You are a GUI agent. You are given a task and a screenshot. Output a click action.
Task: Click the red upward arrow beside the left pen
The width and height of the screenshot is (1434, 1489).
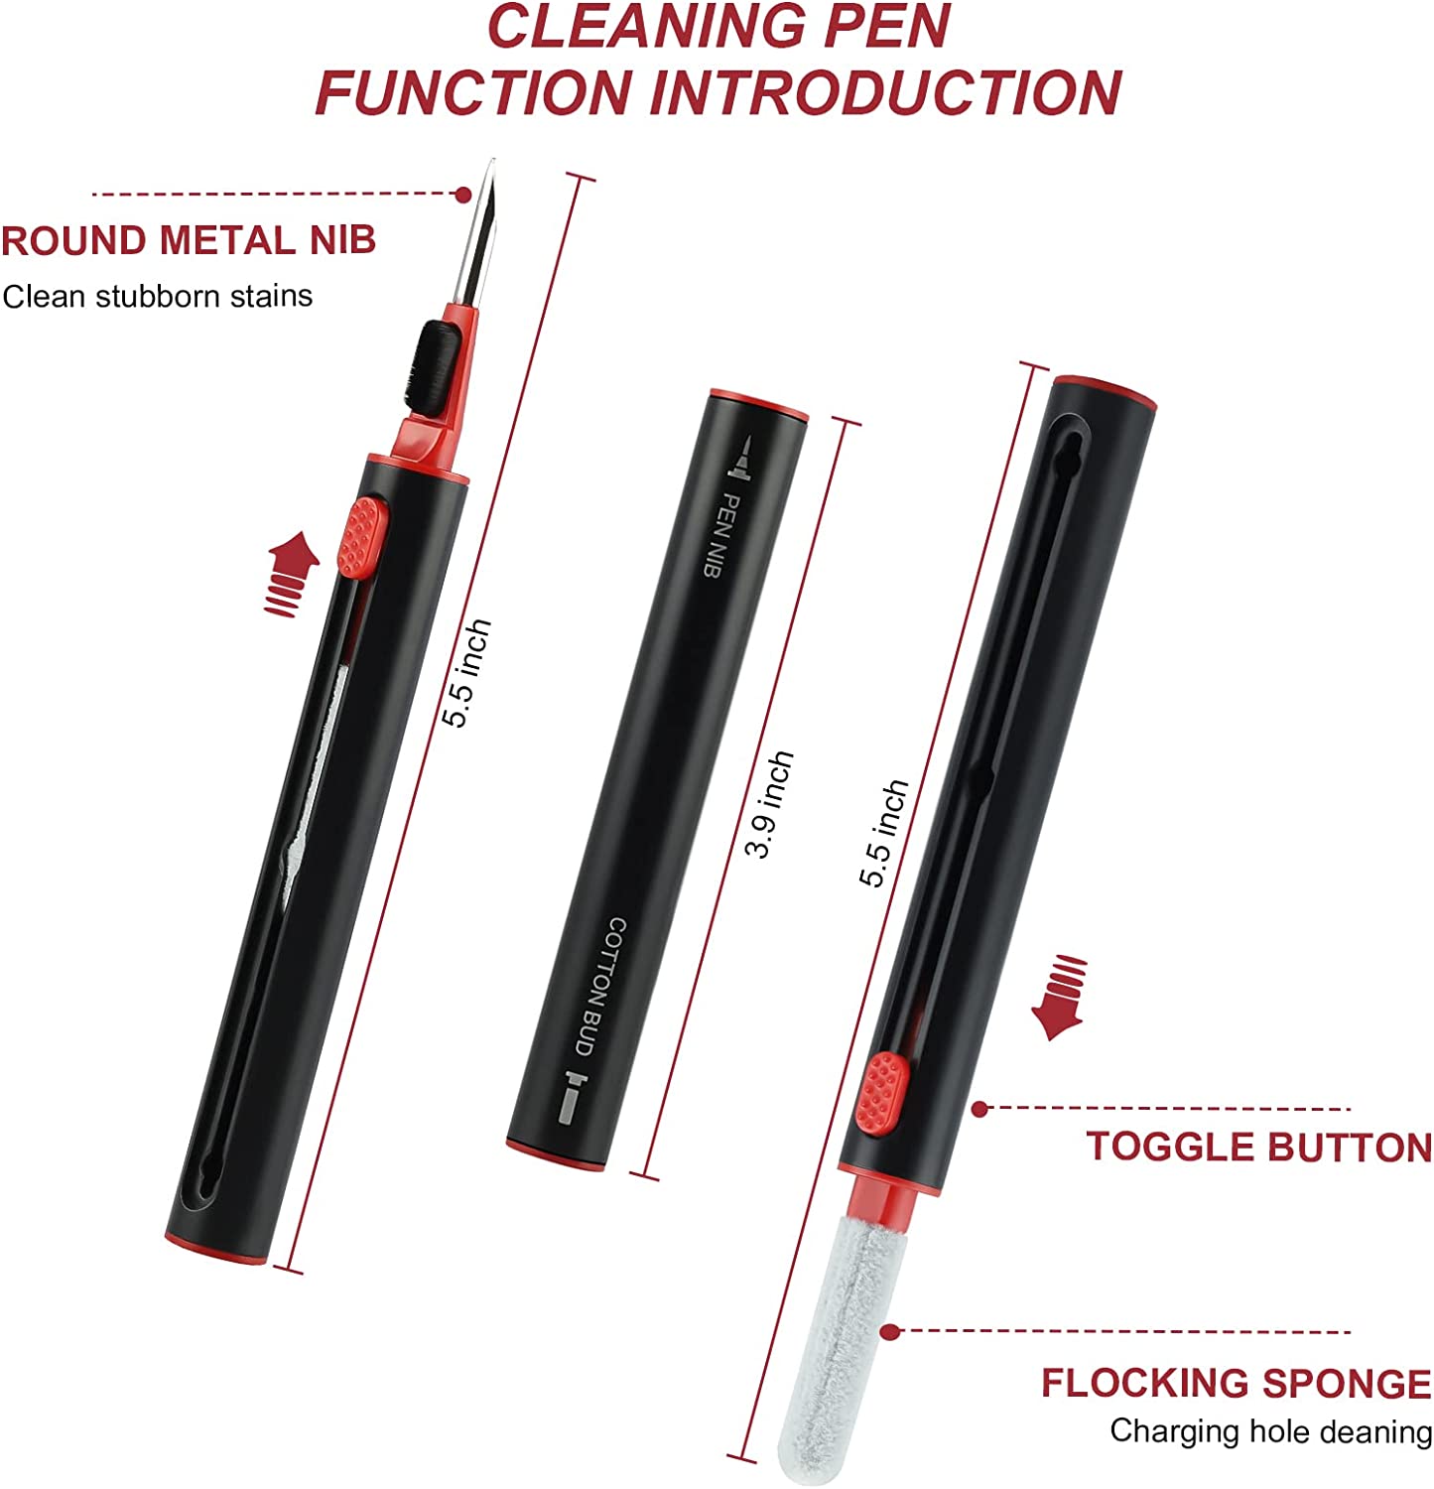click(x=292, y=574)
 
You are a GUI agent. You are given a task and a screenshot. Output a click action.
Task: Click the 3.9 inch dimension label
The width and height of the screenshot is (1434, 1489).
click(x=770, y=804)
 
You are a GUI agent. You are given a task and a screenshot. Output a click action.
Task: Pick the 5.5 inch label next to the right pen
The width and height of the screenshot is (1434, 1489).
click(x=884, y=832)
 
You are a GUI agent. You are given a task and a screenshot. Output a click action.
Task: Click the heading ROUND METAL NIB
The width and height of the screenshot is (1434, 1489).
click(x=189, y=241)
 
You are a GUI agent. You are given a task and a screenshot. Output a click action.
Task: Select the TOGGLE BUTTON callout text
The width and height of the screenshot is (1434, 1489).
click(x=1259, y=1147)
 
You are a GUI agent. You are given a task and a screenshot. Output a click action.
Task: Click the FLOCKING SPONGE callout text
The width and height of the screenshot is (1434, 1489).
click(x=1237, y=1383)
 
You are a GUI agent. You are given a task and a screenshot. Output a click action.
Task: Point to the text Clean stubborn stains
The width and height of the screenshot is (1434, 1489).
click(x=158, y=296)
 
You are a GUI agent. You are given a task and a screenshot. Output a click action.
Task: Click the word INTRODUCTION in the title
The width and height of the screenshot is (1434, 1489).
click(x=886, y=92)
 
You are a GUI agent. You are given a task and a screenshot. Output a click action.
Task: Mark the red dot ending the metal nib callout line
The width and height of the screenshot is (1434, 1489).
click(x=462, y=195)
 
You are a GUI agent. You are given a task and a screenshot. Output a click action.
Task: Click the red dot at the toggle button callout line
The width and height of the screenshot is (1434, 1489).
click(x=979, y=1109)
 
